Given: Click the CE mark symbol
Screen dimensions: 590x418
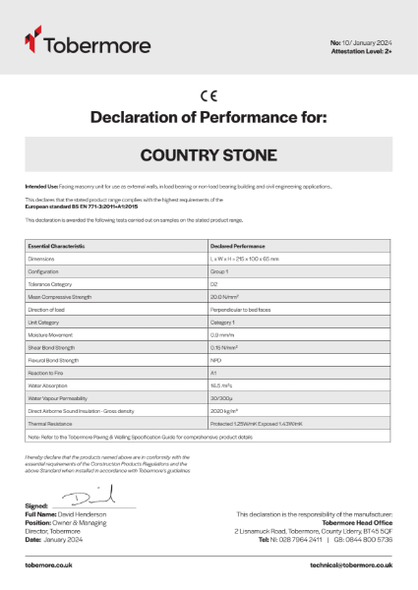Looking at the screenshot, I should pos(209,96).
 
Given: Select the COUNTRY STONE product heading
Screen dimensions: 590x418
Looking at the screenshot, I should pos(209,155).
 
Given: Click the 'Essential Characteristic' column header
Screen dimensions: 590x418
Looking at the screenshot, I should pos(57,245).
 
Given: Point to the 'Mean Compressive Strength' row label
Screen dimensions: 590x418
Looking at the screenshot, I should pos(60,296).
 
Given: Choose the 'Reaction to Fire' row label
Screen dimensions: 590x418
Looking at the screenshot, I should pos(45,373).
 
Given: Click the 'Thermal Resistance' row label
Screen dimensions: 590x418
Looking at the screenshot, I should pos(50,424).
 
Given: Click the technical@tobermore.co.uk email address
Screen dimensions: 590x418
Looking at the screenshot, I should pos(350,564).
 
